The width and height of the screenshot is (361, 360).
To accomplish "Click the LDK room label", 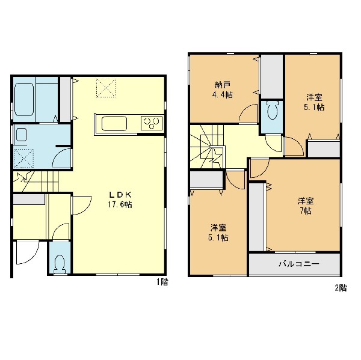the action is pos(120,195).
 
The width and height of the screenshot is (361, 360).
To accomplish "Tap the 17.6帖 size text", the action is pos(120,204).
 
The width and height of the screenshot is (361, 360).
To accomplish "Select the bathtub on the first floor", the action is pos(24,99).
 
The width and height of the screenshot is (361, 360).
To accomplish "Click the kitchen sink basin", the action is pos(114,124).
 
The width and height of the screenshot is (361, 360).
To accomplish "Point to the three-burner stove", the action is pos(152,123).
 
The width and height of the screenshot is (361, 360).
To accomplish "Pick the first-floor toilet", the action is pos(60,264).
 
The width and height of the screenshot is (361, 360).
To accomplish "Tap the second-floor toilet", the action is pos(272,110).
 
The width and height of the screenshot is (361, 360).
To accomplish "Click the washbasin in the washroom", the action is pos(21,135).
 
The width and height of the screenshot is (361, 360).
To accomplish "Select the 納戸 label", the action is pos(223,85).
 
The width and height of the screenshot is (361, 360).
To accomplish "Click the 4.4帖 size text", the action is pos(222,95).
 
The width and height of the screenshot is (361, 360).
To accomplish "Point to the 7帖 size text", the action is pos(306,211).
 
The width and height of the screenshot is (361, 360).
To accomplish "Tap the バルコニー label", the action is pos(299,264).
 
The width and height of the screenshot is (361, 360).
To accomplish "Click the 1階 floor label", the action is pos(162,282).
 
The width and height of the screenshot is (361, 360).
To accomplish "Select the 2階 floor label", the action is pos(341,288).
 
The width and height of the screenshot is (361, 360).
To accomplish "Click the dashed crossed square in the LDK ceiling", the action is pos(106,88).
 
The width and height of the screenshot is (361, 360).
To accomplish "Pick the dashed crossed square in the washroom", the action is pos(23,159).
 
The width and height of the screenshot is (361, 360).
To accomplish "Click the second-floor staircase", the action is pos(207,147).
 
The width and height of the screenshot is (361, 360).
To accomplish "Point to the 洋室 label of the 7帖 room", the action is pos(306,201).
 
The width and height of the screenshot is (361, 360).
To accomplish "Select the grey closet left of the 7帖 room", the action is pos(258,217).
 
